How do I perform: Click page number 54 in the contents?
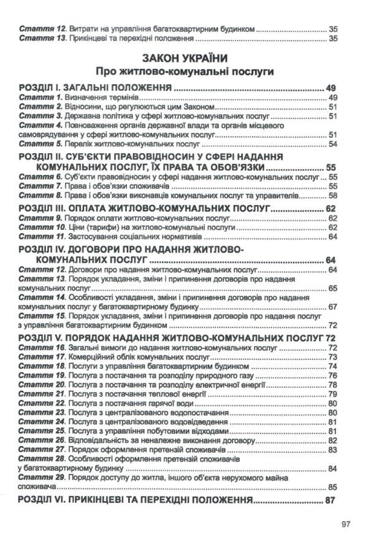click(334, 144)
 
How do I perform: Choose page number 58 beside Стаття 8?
click(334, 195)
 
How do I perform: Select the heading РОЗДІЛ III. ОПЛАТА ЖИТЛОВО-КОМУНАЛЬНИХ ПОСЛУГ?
click(144, 209)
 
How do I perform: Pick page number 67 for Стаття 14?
click(334, 307)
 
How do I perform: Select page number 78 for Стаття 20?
click(334, 385)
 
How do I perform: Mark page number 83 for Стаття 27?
click(334, 450)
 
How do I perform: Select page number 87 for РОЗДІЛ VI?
click(331, 500)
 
